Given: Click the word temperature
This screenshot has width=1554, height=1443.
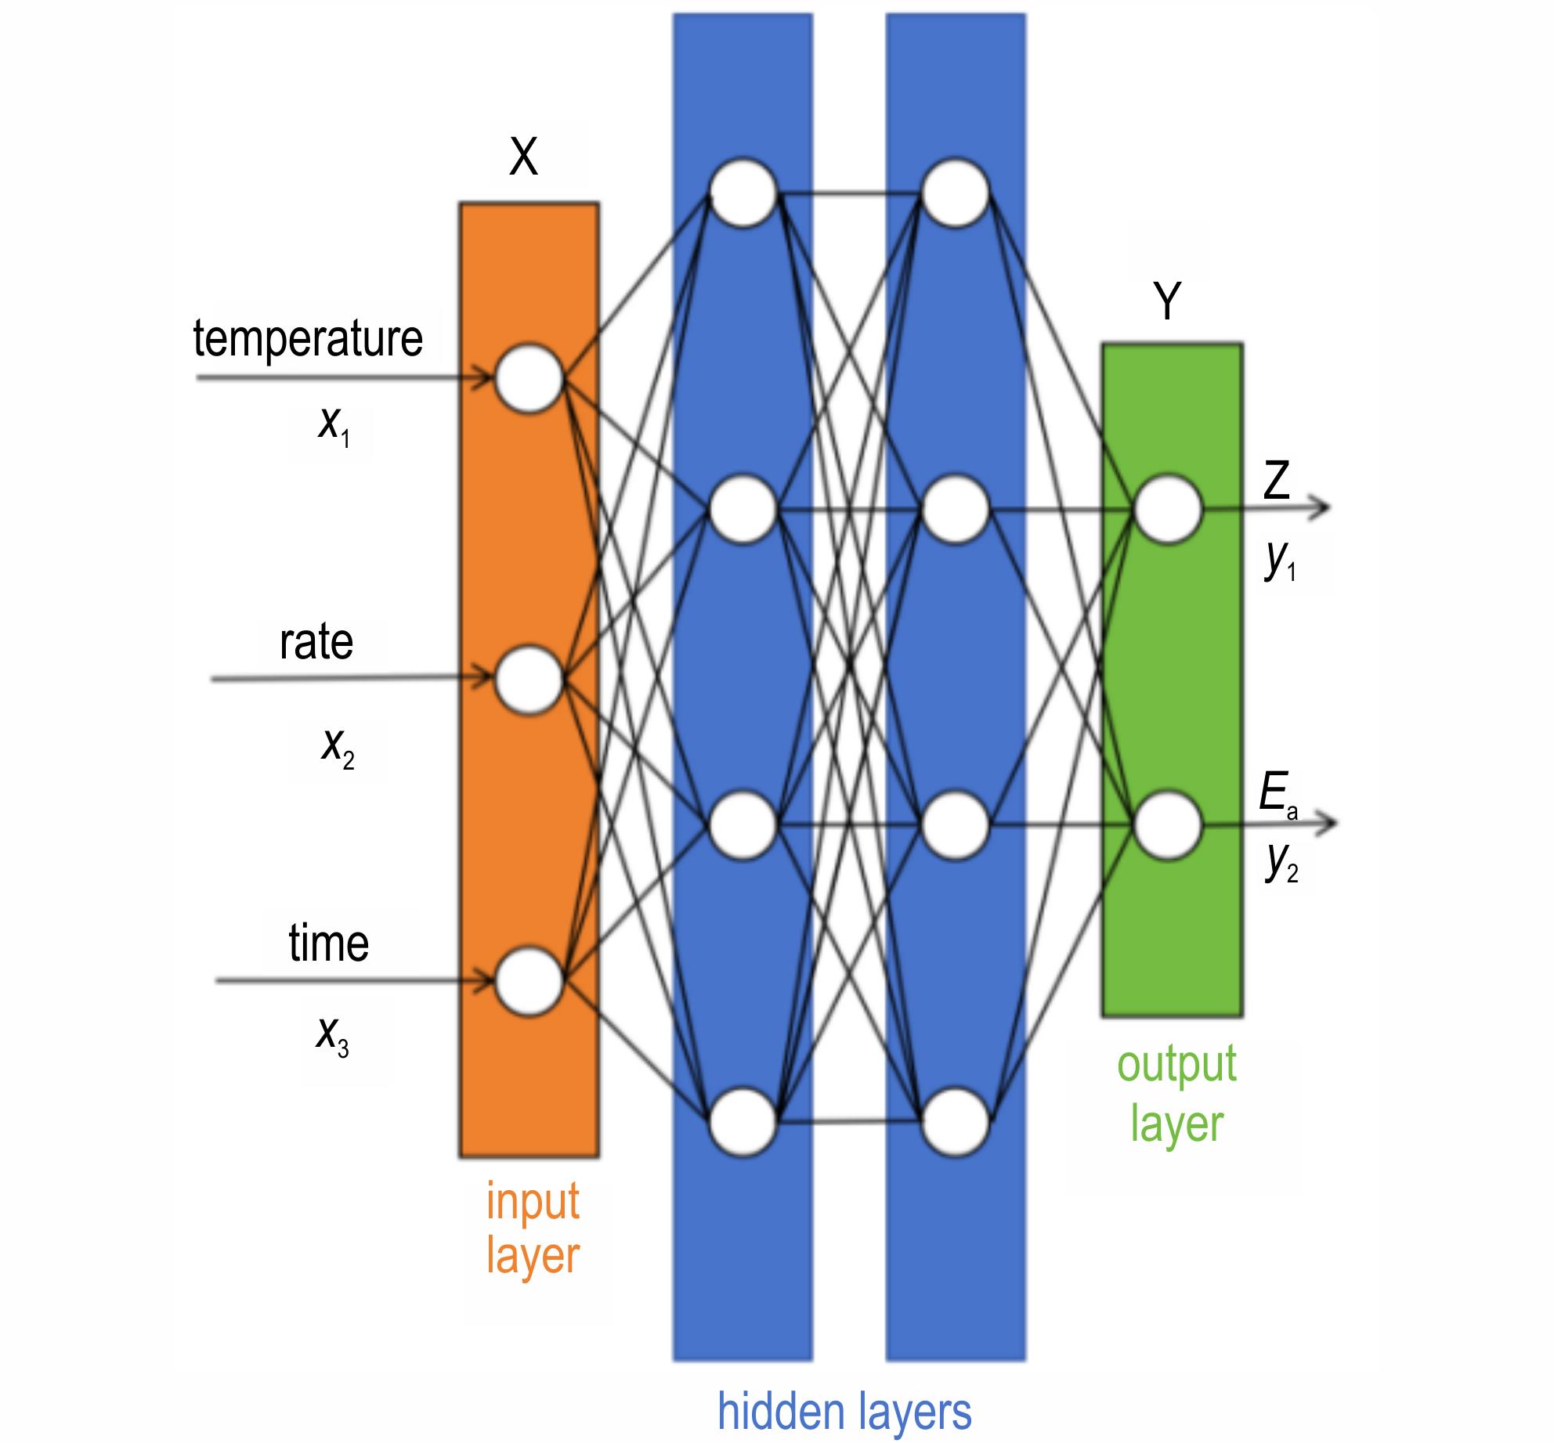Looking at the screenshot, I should [x=308, y=339].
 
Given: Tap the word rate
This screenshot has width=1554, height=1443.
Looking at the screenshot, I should [x=316, y=643].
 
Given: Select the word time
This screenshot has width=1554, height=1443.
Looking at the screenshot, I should [x=328, y=943].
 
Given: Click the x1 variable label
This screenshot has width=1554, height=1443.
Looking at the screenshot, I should [x=333, y=427].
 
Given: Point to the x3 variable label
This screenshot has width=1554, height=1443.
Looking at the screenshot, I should [x=332, y=1039].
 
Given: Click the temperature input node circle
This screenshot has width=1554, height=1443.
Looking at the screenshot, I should [x=529, y=378].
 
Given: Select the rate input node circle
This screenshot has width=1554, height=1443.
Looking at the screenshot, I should [x=529, y=680].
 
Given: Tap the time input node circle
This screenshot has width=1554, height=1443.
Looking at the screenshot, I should [x=529, y=979].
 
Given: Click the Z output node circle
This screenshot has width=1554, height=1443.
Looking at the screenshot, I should [x=1168, y=509].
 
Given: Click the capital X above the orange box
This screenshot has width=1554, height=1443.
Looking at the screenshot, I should [x=523, y=157].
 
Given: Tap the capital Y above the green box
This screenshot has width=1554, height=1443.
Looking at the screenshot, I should [x=1167, y=302].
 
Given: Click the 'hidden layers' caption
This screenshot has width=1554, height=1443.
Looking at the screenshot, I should [x=844, y=1412].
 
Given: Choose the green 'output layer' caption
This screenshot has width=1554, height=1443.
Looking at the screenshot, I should [x=1176, y=1094].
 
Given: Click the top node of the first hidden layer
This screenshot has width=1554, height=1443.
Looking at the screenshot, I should [x=743, y=193].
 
